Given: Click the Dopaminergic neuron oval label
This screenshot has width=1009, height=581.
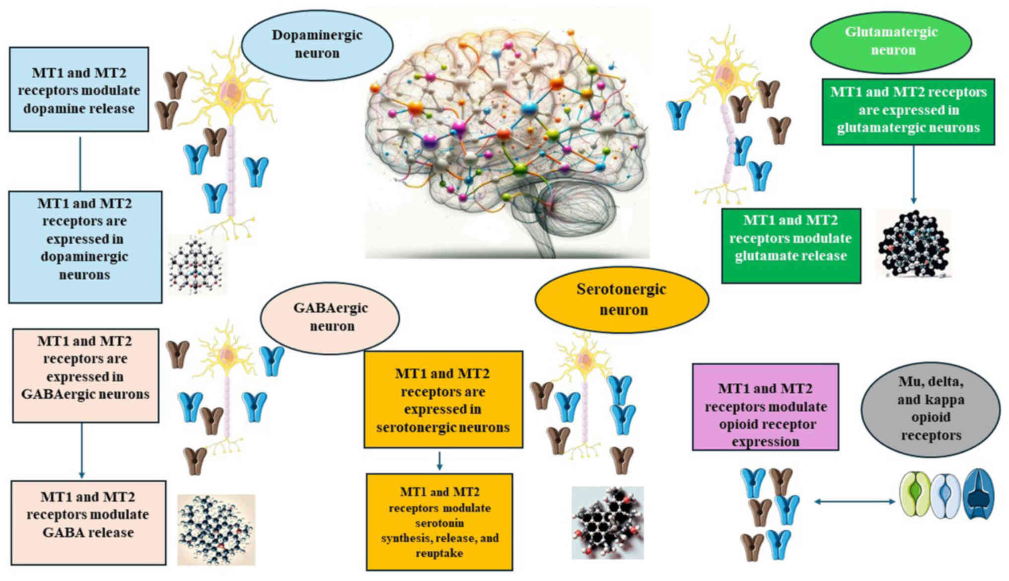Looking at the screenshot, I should (x=317, y=44).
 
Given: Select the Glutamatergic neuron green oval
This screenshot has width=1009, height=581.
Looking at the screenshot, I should (x=891, y=41).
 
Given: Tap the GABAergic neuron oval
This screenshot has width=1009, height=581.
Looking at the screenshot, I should (x=330, y=317).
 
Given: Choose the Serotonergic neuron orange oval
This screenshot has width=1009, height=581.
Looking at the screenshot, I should (x=622, y=299).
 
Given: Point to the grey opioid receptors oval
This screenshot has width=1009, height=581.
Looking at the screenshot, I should (x=931, y=409).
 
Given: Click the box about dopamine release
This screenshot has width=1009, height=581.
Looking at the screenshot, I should (x=79, y=90).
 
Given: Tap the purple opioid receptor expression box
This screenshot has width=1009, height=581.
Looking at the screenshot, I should (x=765, y=407).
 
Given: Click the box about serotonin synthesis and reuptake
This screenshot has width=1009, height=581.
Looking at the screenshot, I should (x=439, y=522).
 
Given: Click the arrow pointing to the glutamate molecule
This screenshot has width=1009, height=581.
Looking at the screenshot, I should (x=913, y=174).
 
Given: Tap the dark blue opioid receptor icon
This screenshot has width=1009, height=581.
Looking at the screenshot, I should (x=978, y=495).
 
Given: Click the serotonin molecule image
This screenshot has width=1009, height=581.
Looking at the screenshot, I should (x=608, y=522).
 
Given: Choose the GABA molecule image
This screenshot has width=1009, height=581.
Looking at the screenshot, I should (x=216, y=530).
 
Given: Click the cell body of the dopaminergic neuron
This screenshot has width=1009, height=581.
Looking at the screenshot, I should (x=230, y=92).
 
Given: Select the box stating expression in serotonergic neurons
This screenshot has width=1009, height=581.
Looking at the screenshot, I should (x=443, y=400).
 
